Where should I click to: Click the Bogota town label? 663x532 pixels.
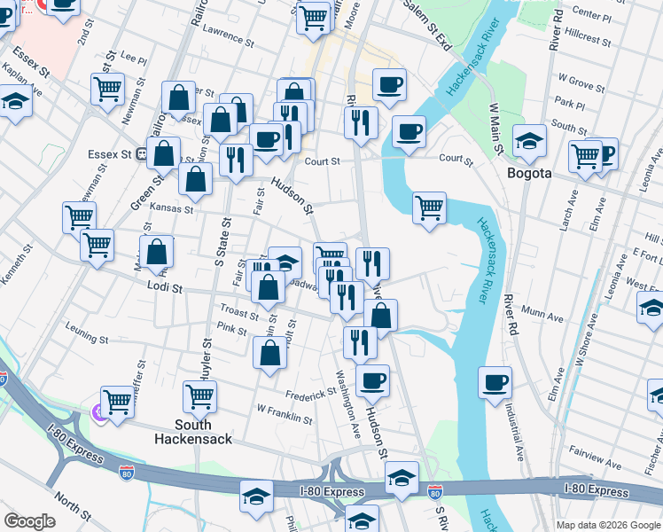pyautogui.click(x=529, y=173)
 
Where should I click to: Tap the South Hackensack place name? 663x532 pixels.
pyautogui.click(x=191, y=431)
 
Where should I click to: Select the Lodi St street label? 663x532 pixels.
pyautogui.click(x=165, y=288)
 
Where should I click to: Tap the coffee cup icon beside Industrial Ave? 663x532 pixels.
pyautogui.click(x=495, y=383)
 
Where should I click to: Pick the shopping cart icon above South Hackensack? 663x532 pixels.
pyautogui.click(x=199, y=397)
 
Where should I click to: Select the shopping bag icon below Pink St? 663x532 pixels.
pyautogui.click(x=269, y=353)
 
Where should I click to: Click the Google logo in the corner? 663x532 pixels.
pyautogui.click(x=29, y=521)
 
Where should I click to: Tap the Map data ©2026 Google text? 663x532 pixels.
pyautogui.click(x=607, y=525)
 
